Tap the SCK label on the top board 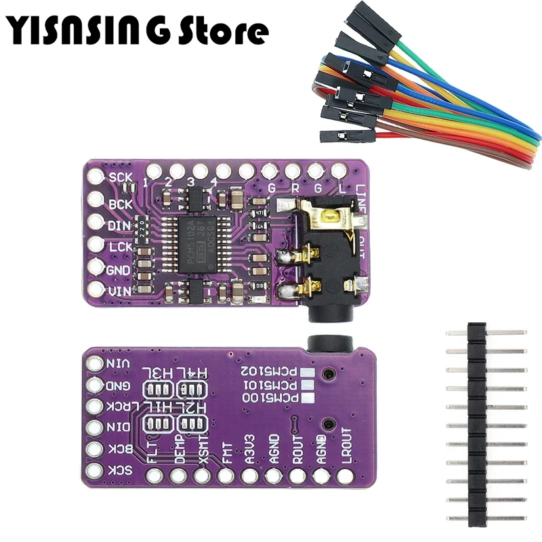(121, 178)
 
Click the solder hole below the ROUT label (297, 476)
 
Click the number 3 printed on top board (191, 182)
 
